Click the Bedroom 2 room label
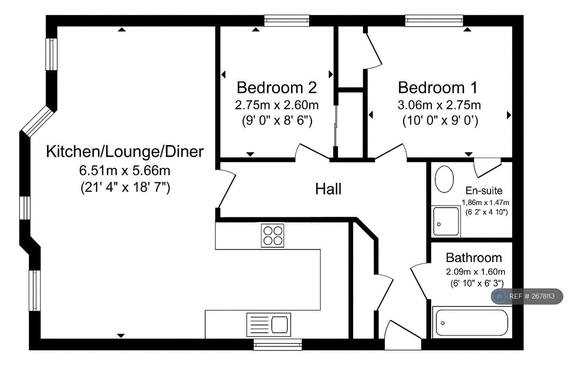point(277,88)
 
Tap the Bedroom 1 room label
point(438,88)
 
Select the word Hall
point(328,189)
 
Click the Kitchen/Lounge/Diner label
point(125,152)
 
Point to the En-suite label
point(484,190)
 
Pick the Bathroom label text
point(474,258)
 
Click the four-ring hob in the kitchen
point(273,236)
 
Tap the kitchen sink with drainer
point(269,325)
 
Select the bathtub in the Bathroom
point(472,323)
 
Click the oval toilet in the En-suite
point(444,179)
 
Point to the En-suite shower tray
point(446,221)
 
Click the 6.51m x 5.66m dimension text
point(125,170)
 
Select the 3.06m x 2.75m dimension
point(439,105)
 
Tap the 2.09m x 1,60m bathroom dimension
point(475,272)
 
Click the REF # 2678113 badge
point(527,296)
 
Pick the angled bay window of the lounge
point(38,122)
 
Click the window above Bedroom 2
point(287,21)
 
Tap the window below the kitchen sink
point(278,345)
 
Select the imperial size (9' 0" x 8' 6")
point(277,120)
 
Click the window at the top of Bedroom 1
point(434,21)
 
